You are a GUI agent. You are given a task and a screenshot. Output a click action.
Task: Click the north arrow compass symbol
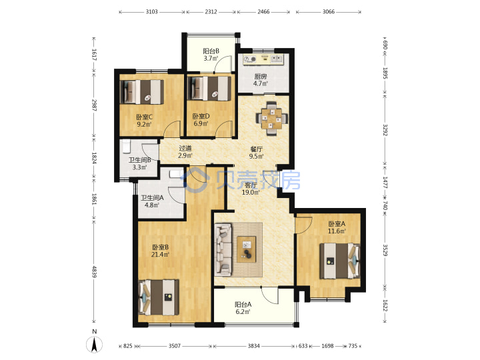[94, 345]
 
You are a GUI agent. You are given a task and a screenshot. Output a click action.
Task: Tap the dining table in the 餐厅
[272, 118]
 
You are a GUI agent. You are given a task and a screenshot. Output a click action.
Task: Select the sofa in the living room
[223, 249]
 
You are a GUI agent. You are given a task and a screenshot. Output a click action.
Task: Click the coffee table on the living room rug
[247, 249]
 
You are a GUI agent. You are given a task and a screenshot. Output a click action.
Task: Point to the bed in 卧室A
[339, 261]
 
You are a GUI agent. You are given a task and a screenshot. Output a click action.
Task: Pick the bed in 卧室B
[159, 297]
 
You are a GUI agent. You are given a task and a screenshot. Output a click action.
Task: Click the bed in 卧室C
[142, 91]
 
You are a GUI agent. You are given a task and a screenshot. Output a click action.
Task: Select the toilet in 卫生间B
[126, 146]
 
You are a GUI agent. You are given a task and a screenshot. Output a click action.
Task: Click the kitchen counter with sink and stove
[263, 59]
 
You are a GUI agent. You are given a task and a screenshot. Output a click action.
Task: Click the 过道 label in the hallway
[185, 149]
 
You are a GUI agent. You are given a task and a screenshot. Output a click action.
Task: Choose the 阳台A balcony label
[243, 305]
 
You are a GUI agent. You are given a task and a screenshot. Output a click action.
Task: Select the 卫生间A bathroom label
[152, 198]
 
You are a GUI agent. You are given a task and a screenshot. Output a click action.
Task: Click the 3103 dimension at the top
[151, 11]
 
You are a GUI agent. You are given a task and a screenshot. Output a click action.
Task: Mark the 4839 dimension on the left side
[95, 271]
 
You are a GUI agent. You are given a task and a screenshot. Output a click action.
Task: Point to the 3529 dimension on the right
[385, 250]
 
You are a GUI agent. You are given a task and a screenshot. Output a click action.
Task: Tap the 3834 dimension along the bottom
[253, 346]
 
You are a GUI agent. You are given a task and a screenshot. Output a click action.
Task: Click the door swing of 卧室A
[304, 225]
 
